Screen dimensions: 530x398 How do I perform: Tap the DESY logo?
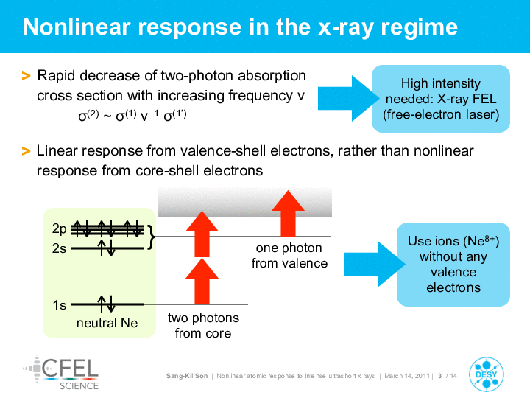point(487,374)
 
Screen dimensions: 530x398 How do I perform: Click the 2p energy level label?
point(59,229)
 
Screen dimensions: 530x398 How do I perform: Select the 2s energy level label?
point(59,249)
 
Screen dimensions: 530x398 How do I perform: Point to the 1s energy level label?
point(59,305)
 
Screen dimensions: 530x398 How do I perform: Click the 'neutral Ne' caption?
point(107,323)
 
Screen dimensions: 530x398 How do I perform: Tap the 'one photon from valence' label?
point(289,256)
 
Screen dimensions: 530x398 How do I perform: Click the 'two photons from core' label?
point(203,326)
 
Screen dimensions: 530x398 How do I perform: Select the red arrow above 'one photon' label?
point(288,213)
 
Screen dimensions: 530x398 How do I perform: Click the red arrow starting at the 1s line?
point(202,282)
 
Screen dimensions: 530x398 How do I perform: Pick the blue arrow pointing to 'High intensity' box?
point(348,99)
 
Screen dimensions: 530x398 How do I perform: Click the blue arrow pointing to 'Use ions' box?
point(374,265)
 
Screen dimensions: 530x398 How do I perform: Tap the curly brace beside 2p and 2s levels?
point(152,237)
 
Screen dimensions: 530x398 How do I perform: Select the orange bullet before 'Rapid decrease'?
point(26,76)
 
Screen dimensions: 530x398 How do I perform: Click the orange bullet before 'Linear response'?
point(26,151)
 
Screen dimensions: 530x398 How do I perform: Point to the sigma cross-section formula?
point(132,116)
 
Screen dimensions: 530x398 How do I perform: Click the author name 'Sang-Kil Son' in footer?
point(187,376)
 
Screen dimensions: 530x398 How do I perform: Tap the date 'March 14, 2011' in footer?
point(407,376)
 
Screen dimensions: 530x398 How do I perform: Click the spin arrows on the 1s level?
point(106,304)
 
